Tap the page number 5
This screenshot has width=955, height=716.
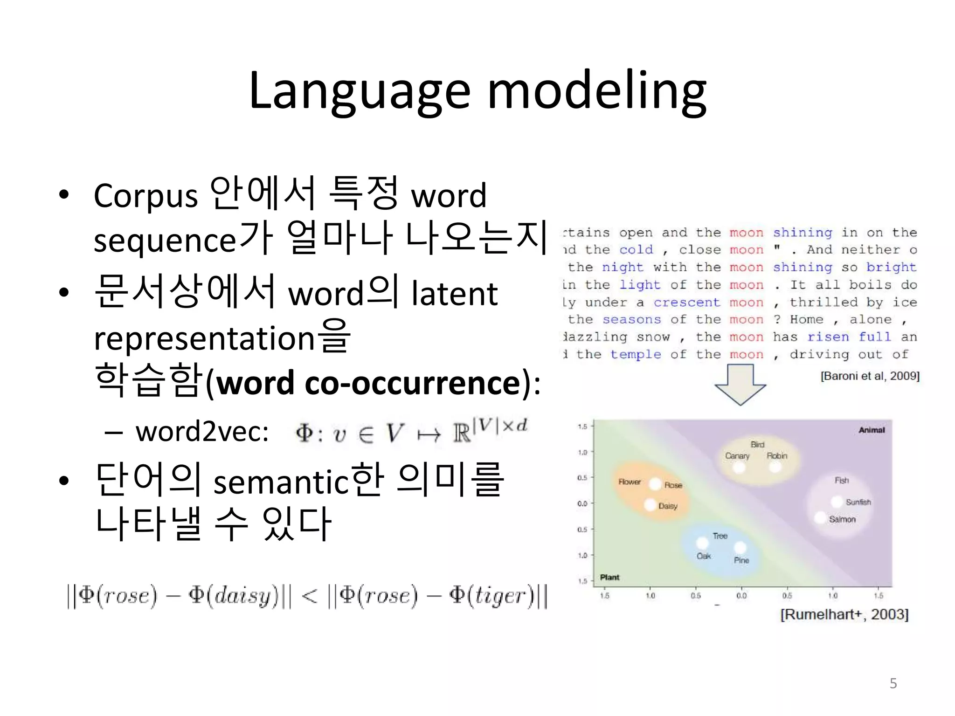[x=893, y=683]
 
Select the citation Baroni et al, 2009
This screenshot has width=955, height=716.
[x=870, y=376]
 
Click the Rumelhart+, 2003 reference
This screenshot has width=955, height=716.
[x=844, y=614]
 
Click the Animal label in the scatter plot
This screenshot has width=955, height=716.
[x=872, y=430]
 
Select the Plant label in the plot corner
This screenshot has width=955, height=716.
[x=609, y=577]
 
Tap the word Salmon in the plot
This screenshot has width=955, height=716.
[x=842, y=519]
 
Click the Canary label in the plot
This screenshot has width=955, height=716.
[x=737, y=456]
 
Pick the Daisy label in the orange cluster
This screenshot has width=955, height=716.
[x=668, y=506]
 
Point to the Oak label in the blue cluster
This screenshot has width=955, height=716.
[x=704, y=556]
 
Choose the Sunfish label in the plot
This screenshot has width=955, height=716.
[x=858, y=502]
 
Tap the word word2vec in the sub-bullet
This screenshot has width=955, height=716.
[x=202, y=432]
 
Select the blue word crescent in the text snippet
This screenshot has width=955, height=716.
[x=686, y=303]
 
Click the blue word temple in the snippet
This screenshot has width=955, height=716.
[x=635, y=355]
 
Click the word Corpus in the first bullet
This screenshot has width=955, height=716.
[x=145, y=196]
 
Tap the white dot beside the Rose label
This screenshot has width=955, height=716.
[x=655, y=484]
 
